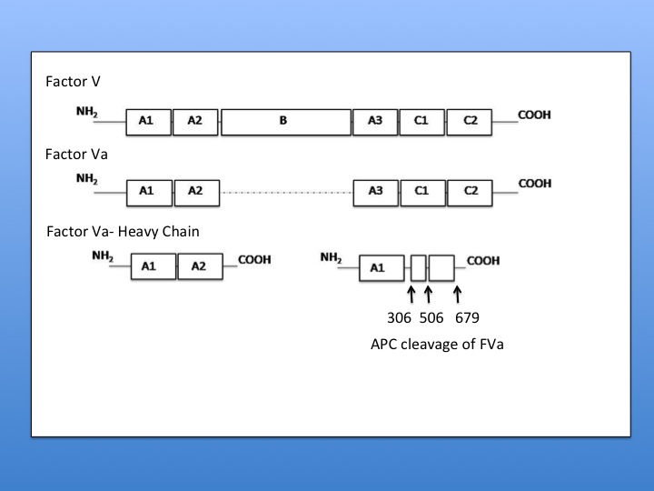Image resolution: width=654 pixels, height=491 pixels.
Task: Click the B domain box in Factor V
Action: click(x=285, y=122)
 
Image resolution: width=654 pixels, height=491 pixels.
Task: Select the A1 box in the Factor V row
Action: click(x=146, y=122)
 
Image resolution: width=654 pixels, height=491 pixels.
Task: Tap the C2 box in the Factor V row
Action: click(x=469, y=122)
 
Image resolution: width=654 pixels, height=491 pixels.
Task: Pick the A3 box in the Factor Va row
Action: click(x=375, y=191)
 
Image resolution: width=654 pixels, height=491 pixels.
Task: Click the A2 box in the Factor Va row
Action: click(x=195, y=191)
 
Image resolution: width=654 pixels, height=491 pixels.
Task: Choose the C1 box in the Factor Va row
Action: click(x=421, y=191)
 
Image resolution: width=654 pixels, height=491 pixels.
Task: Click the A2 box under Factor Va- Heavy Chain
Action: click(x=202, y=266)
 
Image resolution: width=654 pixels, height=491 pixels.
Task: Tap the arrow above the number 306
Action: click(x=411, y=293)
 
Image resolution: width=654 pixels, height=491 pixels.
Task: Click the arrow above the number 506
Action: click(x=428, y=293)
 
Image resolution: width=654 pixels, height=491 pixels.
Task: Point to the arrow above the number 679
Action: click(x=458, y=293)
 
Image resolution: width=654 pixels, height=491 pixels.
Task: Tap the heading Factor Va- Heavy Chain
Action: click(x=123, y=232)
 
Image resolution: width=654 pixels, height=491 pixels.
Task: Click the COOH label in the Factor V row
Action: click(x=534, y=115)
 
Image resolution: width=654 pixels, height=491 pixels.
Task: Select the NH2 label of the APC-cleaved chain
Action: click(x=332, y=258)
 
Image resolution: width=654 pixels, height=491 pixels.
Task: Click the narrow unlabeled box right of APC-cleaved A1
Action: click(x=418, y=267)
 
